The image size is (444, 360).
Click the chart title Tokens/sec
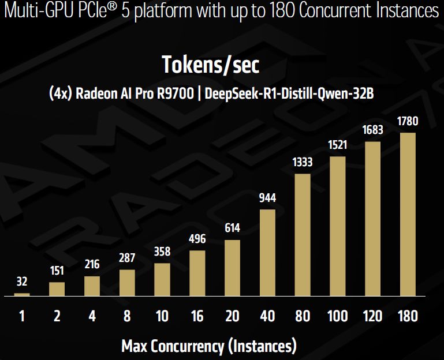(x=210, y=65)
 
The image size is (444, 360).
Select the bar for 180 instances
(x=408, y=215)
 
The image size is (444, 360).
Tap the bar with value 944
(x=267, y=253)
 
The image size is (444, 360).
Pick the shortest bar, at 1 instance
(x=22, y=294)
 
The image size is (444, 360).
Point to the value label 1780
(x=408, y=122)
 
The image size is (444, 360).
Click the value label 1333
(x=303, y=162)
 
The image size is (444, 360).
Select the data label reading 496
(x=197, y=239)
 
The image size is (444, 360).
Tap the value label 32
(x=22, y=282)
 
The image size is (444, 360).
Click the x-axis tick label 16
(x=197, y=316)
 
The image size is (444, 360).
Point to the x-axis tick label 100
(x=337, y=316)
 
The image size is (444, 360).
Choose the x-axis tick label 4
(x=92, y=316)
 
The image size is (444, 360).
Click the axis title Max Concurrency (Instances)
(x=209, y=346)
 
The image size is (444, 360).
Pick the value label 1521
(x=337, y=145)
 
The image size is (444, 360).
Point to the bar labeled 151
(x=57, y=289)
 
